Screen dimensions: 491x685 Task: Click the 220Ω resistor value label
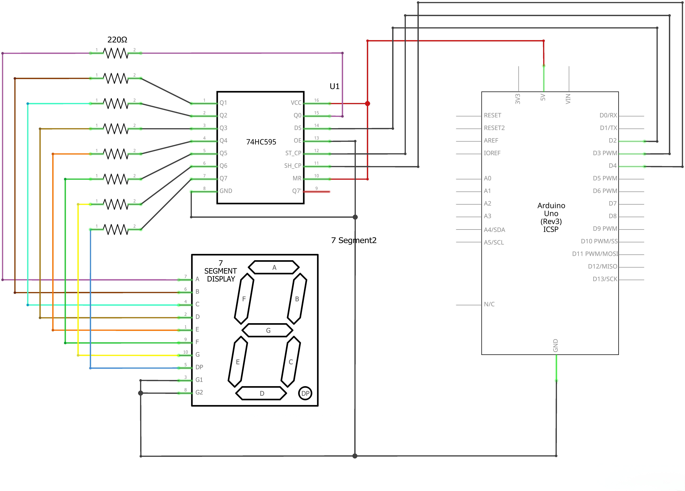tap(117, 40)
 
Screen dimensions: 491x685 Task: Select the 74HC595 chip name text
tap(261, 142)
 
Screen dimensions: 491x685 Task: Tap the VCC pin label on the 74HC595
tap(296, 103)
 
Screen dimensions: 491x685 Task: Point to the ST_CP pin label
tap(293, 153)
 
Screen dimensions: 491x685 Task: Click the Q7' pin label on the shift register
tap(296, 191)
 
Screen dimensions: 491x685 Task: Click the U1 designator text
tap(334, 86)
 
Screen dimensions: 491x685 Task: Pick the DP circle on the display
tap(305, 393)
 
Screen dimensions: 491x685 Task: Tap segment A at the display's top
tap(274, 267)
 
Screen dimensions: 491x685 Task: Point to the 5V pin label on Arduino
tap(543, 97)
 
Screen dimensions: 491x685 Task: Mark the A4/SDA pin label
tap(494, 230)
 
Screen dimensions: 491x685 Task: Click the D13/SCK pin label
tap(605, 279)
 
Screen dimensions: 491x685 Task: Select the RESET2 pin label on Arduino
tap(494, 128)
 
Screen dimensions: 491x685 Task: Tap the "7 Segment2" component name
tap(354, 240)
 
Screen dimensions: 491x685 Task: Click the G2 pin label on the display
tap(199, 392)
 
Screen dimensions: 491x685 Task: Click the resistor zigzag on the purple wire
tap(116, 53)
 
